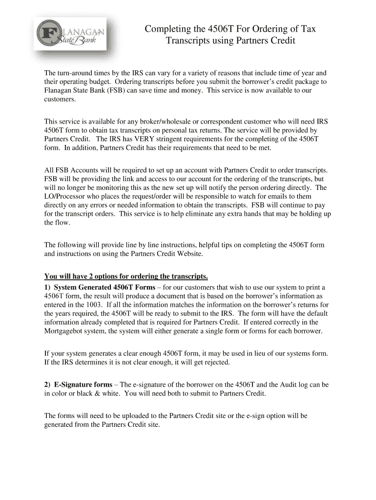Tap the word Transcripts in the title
click(x=188, y=41)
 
